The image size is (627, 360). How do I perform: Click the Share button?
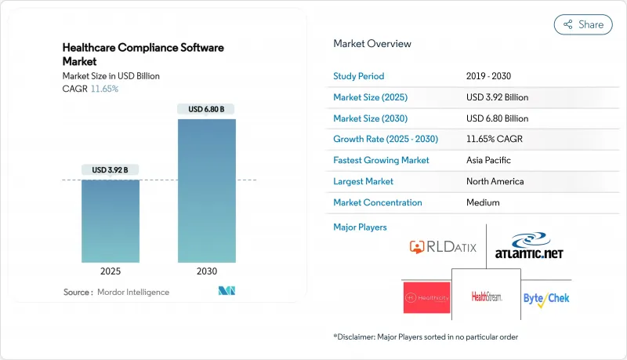[583, 24]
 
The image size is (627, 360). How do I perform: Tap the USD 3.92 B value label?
[111, 170]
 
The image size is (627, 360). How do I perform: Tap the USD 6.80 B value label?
[207, 109]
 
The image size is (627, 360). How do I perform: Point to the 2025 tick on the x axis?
[111, 271]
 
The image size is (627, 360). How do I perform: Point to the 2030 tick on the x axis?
[207, 271]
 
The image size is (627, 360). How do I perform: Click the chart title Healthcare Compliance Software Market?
[143, 53]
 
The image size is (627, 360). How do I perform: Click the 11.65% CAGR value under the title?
[104, 89]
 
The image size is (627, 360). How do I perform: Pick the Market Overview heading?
[372, 44]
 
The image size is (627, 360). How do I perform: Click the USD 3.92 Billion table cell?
[497, 97]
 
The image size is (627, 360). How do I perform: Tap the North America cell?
[495, 181]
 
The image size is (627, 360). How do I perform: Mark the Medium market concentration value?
[484, 202]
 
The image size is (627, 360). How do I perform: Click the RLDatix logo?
[444, 248]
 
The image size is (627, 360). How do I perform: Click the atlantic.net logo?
[529, 248]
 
